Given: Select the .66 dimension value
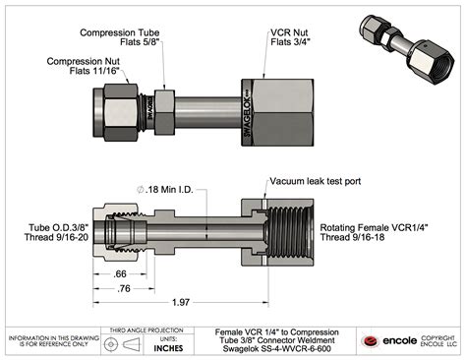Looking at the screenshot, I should click(x=120, y=272).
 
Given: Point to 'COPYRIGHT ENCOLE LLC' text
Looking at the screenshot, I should click(x=439, y=341).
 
